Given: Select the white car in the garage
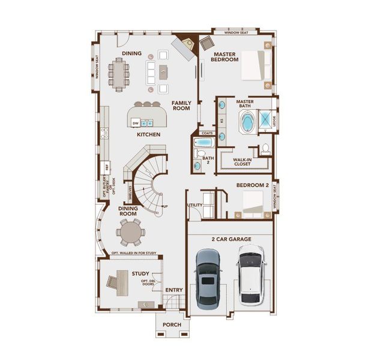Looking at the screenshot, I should coord(250,277).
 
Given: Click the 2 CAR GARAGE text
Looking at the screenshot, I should coord(231,239).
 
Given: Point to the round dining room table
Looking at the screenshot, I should coord(130,232).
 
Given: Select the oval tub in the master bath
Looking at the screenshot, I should coord(247,122).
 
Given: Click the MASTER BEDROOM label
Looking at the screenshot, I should coord(225,56).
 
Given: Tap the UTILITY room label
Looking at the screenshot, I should coord(195,205).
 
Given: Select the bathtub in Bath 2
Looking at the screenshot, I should coord(204,143).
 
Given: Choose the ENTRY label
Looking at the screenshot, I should coord(174,290).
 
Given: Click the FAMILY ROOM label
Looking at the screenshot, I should coord(181,106).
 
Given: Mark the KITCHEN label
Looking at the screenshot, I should coord(148,134).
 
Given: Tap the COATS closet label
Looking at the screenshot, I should coord(208,133).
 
